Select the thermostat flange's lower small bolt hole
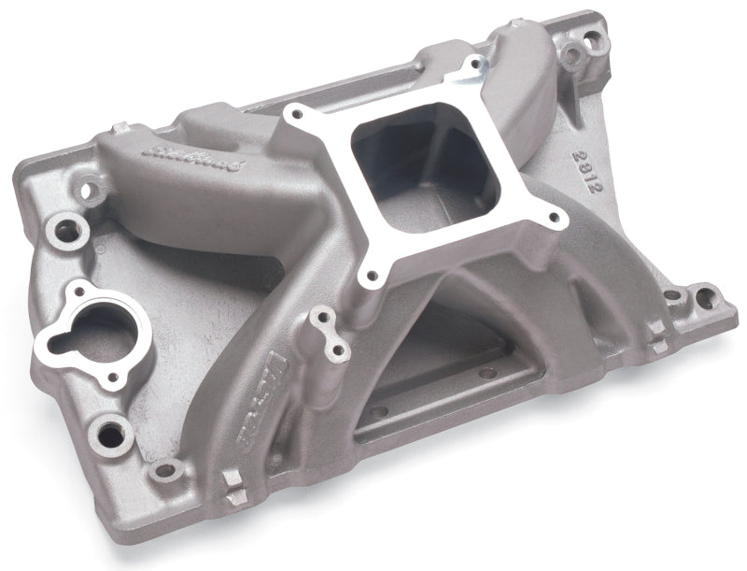click(x=113, y=378)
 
